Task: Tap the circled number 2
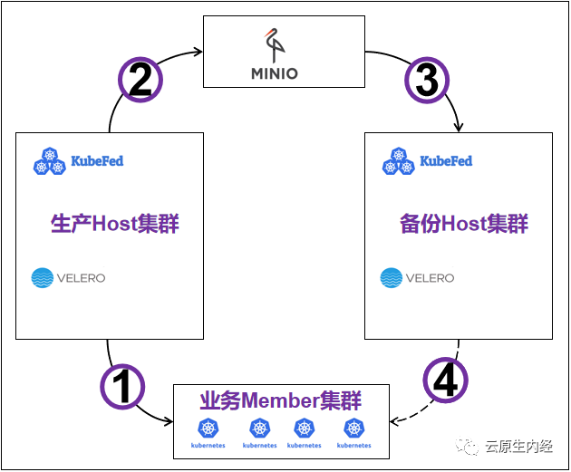pos(140,81)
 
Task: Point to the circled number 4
pos(445,380)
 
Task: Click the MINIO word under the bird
pos(286,73)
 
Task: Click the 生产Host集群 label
pos(114,224)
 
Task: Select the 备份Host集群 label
pos(463,224)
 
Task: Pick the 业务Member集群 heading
pos(280,400)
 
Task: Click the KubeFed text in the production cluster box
pos(96,161)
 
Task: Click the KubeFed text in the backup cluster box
pos(445,161)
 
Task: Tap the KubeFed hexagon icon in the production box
pos(49,161)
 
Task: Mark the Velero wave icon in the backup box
pos(392,278)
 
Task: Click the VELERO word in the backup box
pos(430,278)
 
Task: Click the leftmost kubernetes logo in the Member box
pos(208,429)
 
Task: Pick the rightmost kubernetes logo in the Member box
pos(353,429)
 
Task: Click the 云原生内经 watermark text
pos(518,446)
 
